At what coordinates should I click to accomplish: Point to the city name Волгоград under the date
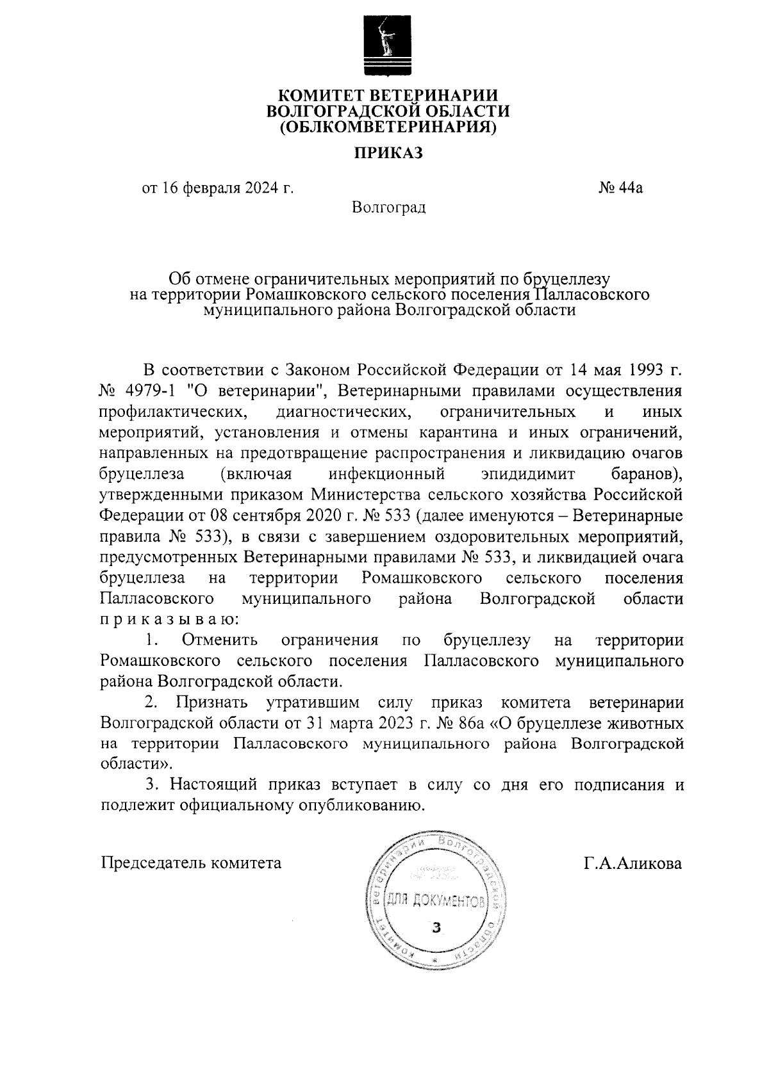(388, 207)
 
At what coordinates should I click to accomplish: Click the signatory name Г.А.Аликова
(633, 863)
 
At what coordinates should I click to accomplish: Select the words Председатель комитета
(191, 863)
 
